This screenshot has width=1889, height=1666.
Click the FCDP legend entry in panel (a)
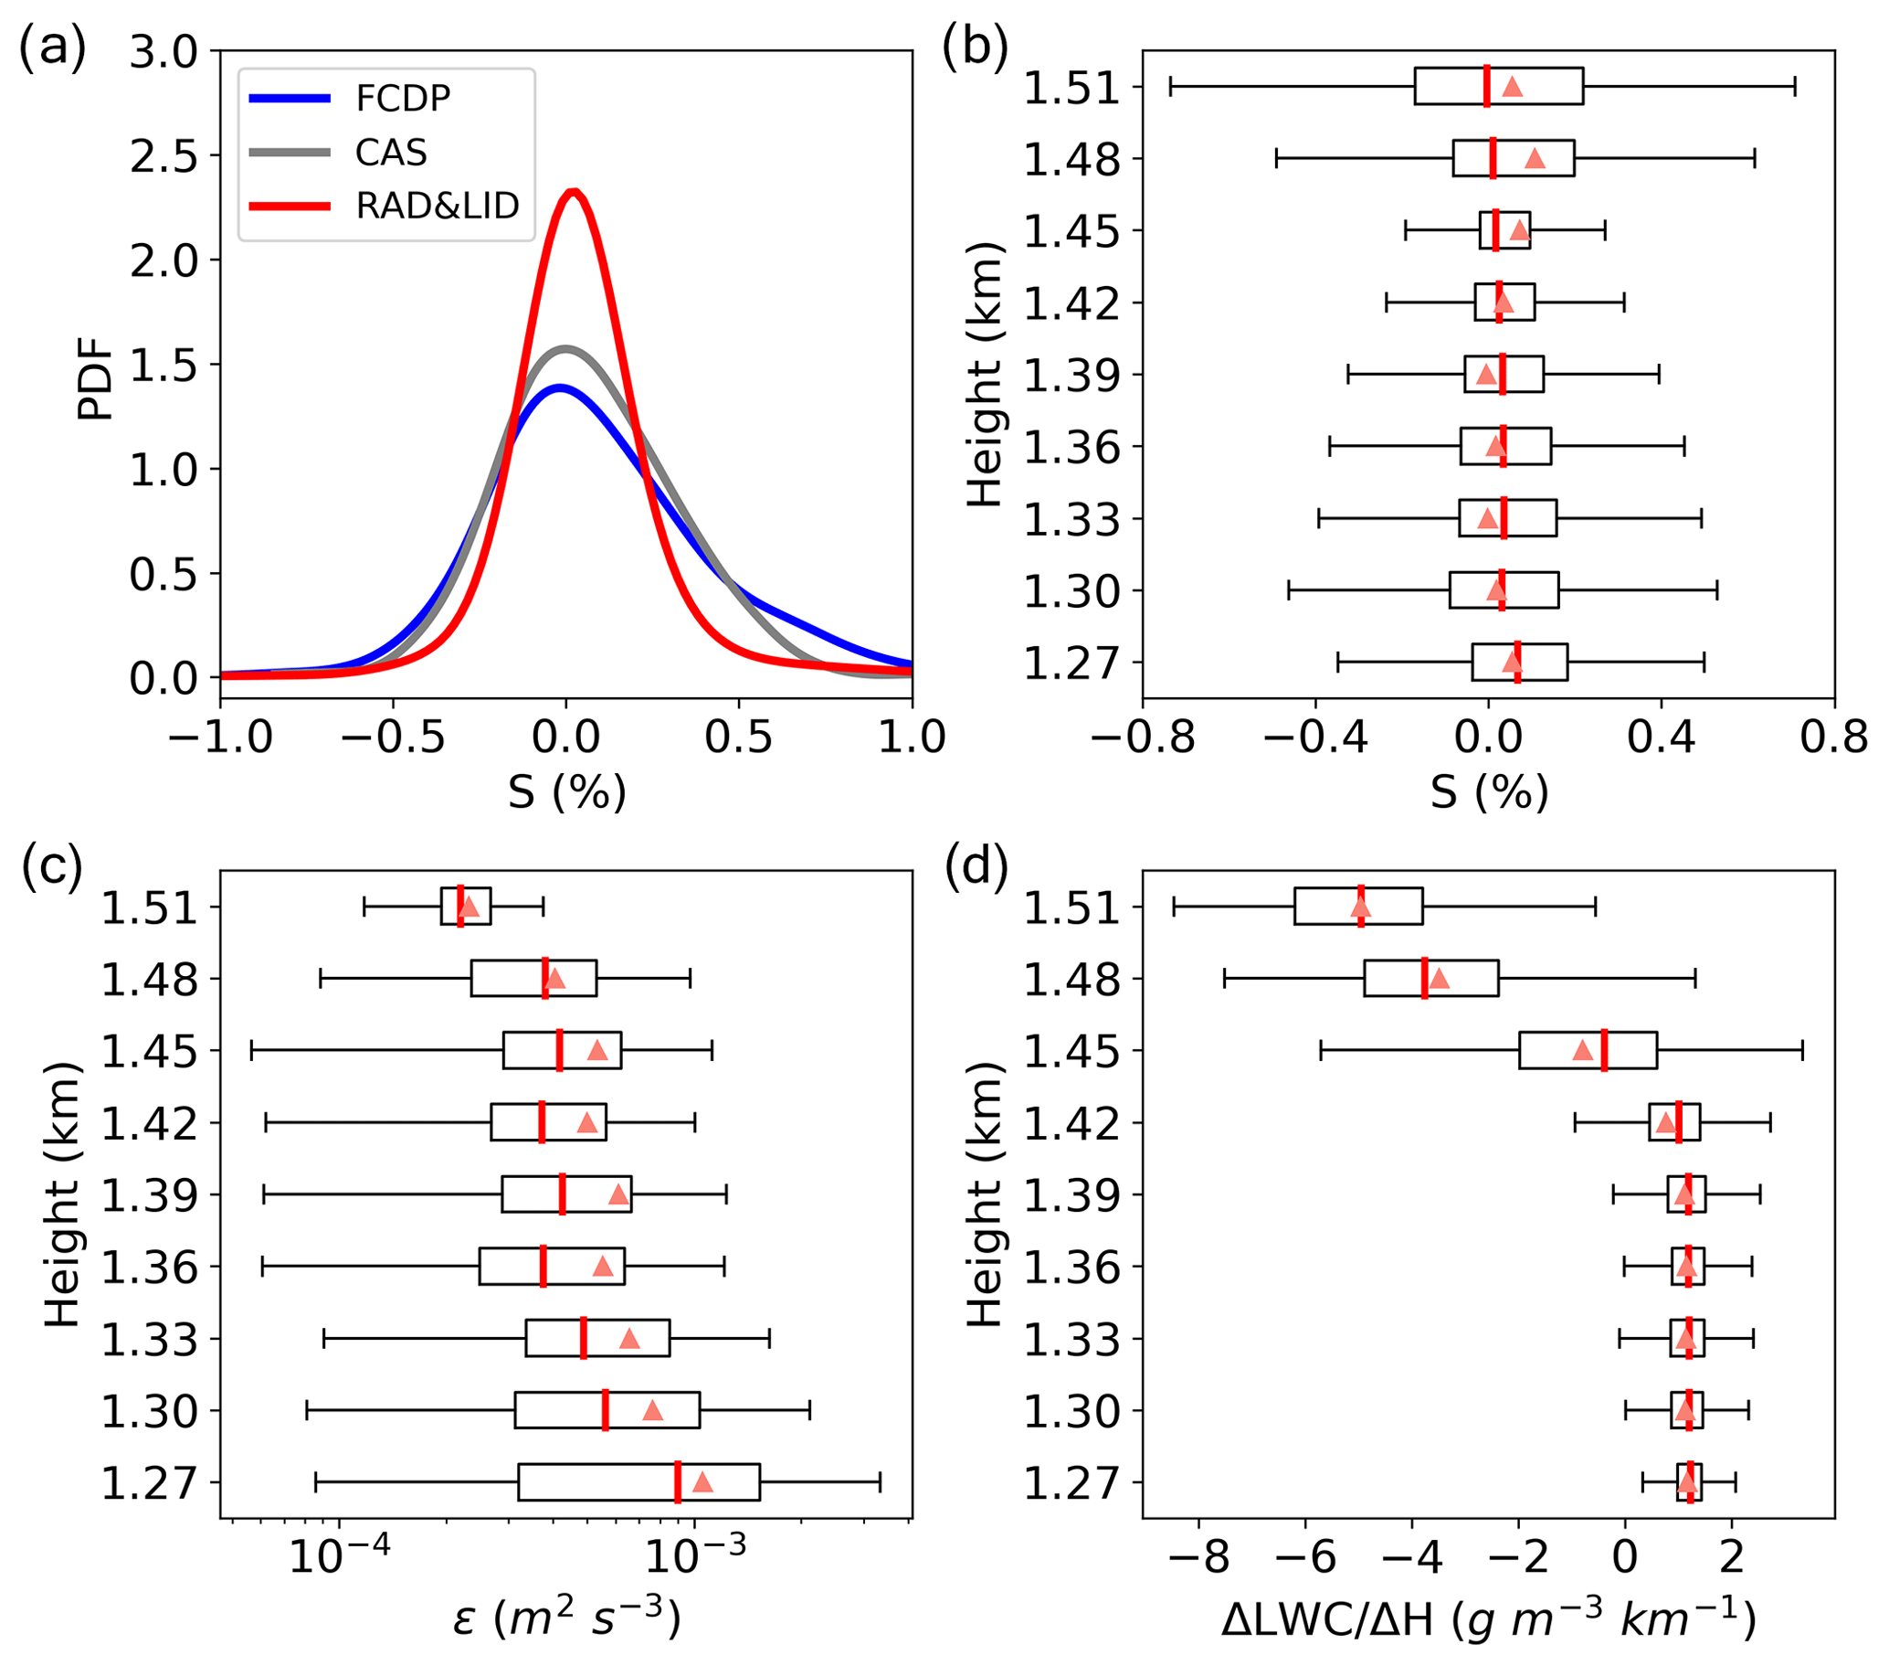(x=403, y=98)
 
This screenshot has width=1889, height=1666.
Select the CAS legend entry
(x=391, y=153)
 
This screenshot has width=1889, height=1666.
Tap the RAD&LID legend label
(x=438, y=207)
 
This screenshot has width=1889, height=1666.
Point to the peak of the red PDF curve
(x=574, y=192)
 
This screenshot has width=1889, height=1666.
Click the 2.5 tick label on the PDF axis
(x=164, y=157)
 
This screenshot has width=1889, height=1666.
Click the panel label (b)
(x=975, y=47)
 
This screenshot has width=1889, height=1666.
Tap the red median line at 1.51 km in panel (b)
(x=1487, y=86)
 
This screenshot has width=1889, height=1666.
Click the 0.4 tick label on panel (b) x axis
(x=1661, y=737)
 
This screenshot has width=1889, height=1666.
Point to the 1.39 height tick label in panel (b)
(x=1071, y=376)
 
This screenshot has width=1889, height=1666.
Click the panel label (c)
(x=52, y=866)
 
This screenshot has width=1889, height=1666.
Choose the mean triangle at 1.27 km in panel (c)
(x=702, y=1483)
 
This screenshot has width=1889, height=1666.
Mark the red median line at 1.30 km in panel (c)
(x=606, y=1411)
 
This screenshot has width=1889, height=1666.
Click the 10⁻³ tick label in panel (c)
(x=694, y=1559)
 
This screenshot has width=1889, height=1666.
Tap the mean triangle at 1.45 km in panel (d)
(x=1583, y=1051)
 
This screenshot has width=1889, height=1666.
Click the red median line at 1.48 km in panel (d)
(x=1424, y=978)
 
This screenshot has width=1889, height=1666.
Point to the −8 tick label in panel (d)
(x=1198, y=1559)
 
